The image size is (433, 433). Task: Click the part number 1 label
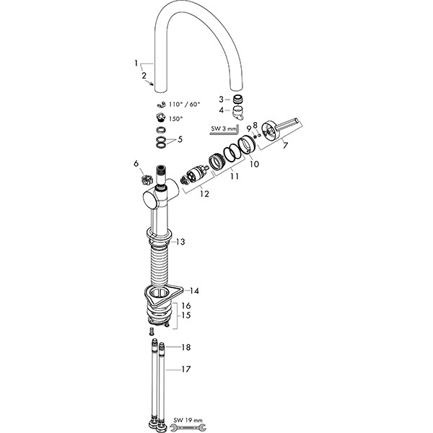(x=136, y=64)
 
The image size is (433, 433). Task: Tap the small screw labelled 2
(x=151, y=84)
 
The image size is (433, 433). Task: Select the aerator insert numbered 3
(x=237, y=99)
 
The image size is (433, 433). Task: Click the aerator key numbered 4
(x=237, y=113)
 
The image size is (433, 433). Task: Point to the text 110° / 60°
(x=184, y=105)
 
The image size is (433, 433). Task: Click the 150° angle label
(x=175, y=119)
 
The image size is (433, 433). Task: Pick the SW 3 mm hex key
(x=225, y=131)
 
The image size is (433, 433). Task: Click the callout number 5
(x=180, y=139)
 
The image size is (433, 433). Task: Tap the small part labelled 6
(x=147, y=180)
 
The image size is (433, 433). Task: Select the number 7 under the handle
(x=285, y=145)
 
